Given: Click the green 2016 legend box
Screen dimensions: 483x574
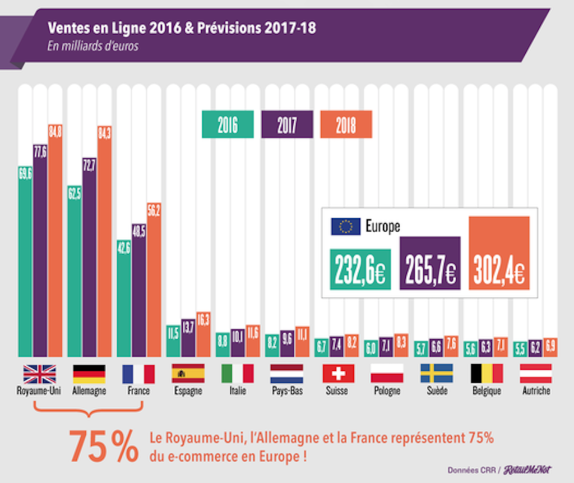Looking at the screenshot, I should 227,125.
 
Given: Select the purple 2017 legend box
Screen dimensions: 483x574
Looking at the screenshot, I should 287,125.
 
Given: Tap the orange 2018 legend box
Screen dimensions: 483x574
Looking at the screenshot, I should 346,125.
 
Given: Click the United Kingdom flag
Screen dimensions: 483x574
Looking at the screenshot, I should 39,374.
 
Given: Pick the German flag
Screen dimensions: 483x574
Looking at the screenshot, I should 89,374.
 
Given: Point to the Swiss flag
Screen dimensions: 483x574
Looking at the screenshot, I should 338,374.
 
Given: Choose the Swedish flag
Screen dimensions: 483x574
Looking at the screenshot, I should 437,374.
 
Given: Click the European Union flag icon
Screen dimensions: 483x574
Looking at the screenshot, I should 345,227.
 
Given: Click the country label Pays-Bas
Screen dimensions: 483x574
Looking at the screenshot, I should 286,391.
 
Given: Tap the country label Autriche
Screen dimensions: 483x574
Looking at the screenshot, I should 535,391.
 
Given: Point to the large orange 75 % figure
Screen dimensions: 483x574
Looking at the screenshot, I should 103,445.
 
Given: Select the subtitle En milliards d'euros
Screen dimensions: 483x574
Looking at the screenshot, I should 92,47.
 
